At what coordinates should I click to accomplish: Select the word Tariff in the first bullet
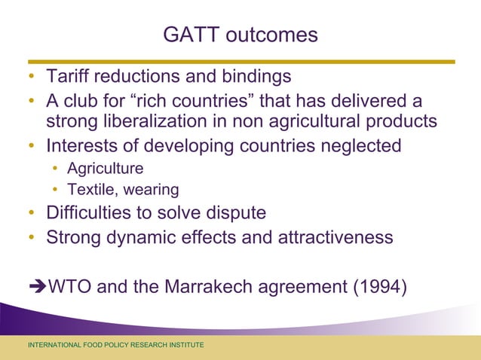[67, 78]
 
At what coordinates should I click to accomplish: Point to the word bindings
[253, 78]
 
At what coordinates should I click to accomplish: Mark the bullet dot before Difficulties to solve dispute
[32, 213]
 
